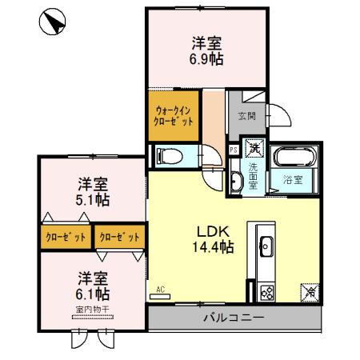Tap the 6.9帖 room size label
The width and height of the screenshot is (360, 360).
[x=206, y=59]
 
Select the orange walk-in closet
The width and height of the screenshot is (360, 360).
[x=174, y=117]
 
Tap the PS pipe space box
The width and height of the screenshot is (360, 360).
[x=233, y=149]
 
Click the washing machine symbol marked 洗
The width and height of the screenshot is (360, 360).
[x=254, y=148]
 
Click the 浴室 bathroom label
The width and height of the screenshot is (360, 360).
[x=292, y=178]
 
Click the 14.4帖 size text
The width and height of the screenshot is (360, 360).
[x=211, y=248]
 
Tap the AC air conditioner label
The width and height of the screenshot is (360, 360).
[x=160, y=290]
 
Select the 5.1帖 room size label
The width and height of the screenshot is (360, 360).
[x=93, y=198]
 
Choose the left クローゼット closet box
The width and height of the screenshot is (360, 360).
[x=66, y=237]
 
